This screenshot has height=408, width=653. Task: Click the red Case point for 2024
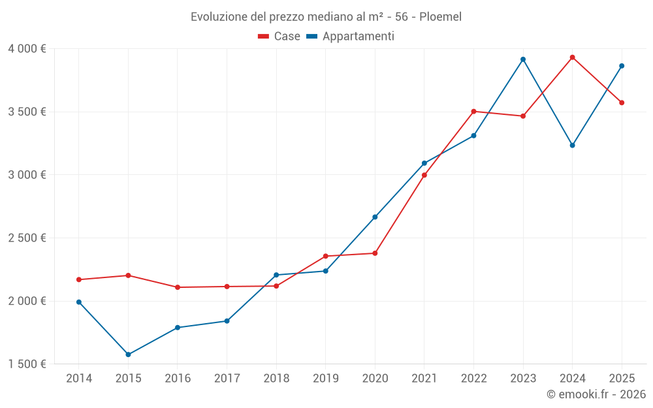pos(572,57)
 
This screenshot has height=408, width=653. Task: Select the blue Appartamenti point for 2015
pos(128,354)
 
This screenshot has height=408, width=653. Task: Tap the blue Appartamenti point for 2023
pos(523,59)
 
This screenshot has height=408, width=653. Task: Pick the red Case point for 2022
pos(473,111)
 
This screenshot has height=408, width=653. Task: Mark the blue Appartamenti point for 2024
pos(572,145)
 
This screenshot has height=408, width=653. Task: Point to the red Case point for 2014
pos(79,279)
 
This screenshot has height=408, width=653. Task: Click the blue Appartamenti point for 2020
pos(375,217)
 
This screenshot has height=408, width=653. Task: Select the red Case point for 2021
pos(424,175)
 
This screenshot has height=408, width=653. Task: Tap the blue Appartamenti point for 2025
pos(622,66)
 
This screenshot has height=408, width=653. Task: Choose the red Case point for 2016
pos(178,287)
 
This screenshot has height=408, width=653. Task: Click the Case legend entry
pos(279,37)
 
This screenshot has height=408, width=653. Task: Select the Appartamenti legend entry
pos(351,37)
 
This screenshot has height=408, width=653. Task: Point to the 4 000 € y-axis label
pos(27,49)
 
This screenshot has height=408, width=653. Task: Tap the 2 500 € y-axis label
pos(27,238)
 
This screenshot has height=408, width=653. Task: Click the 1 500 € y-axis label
pos(27,364)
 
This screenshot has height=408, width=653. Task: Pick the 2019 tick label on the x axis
pos(326,379)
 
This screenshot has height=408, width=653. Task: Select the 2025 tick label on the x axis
pos(622,379)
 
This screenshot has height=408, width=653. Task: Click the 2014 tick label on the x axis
pos(79,379)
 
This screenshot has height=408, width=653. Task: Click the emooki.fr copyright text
pos(596,394)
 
